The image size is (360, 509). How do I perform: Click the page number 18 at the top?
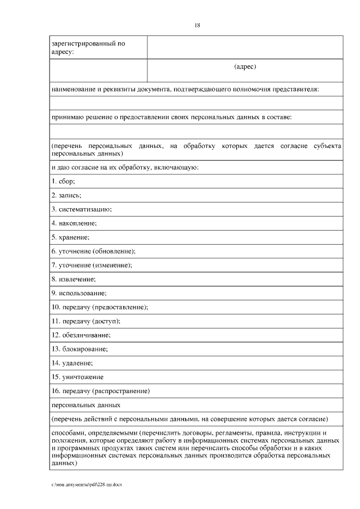click(197, 25)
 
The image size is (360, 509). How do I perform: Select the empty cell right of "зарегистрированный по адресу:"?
click(245, 47)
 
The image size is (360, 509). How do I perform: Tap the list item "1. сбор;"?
click(63, 181)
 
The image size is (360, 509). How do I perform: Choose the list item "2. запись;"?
click(66, 195)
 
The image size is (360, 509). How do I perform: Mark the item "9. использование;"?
click(79, 293)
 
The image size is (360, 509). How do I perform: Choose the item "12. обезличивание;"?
click(81, 335)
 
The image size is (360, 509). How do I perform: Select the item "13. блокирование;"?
click(79, 349)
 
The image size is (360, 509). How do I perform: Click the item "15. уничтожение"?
click(77, 377)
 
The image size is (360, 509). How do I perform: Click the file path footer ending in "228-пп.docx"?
click(86, 484)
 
